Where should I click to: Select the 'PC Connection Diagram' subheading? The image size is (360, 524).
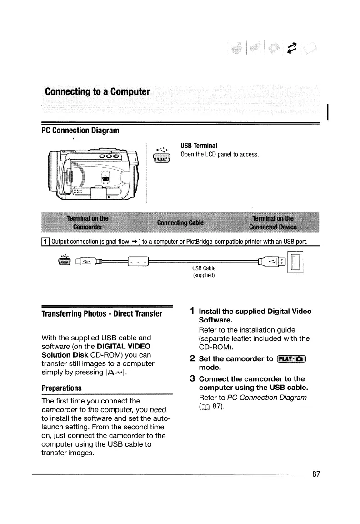tap(80, 131)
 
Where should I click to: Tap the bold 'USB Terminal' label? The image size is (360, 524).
tap(199, 146)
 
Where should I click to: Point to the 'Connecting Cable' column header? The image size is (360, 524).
tap(180, 222)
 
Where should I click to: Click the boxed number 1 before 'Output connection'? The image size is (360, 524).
tap(45, 241)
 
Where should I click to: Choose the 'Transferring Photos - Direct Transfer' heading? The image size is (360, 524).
tap(102, 314)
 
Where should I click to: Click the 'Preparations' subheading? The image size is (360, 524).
tap(61, 388)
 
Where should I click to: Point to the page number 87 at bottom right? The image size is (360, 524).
tap(316, 474)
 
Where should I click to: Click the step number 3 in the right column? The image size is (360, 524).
tap(193, 378)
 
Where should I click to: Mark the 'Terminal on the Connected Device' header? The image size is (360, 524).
tap(272, 222)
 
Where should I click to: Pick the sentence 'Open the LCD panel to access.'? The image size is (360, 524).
tap(220, 155)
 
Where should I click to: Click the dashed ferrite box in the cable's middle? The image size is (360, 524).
tap(139, 262)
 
